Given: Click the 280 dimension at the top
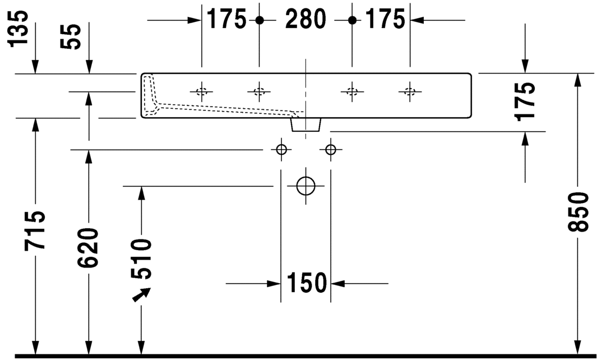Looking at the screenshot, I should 306,20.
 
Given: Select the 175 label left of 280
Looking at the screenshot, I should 226,20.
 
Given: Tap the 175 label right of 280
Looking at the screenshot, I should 385,20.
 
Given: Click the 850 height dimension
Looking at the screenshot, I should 577,213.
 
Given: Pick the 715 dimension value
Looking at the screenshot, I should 35,230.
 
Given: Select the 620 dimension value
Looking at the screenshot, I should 89,247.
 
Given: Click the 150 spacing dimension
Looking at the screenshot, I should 306,283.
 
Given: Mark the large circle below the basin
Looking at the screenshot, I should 306,186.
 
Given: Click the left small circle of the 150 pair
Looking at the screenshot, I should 281,150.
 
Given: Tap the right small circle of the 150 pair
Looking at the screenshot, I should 330,150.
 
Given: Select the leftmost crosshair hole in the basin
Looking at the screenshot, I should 201,91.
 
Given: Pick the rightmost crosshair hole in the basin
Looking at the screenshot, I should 410,91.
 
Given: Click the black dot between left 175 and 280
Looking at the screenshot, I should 259,20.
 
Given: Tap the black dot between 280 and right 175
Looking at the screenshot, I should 352,20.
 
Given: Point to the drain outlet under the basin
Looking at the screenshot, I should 306,124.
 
